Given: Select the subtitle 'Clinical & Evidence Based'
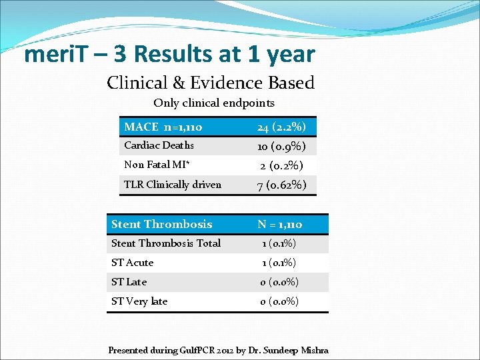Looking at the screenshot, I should point(210,83).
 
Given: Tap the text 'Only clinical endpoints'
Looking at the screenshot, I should point(213,103).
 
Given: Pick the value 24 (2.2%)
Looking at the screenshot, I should point(282,127).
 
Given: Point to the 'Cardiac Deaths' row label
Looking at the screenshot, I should point(159,145).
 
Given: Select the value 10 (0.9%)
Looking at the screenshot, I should point(282,146).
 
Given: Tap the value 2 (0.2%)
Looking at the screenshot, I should point(282,165).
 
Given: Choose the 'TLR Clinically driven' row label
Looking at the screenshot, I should point(172,185).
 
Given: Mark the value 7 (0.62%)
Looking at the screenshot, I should point(282,185).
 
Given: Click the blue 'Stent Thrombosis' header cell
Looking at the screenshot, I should point(161,224).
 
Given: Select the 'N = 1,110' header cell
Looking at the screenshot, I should point(280,225).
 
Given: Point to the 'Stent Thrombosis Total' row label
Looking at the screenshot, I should point(165,243).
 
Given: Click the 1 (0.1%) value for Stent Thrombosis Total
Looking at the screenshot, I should point(279,243).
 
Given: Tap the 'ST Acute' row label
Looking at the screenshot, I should point(132,263).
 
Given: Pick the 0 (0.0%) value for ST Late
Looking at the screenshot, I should point(279,282).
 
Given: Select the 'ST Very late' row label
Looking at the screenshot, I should point(139,301).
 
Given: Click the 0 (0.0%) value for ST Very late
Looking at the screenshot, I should point(279,301).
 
